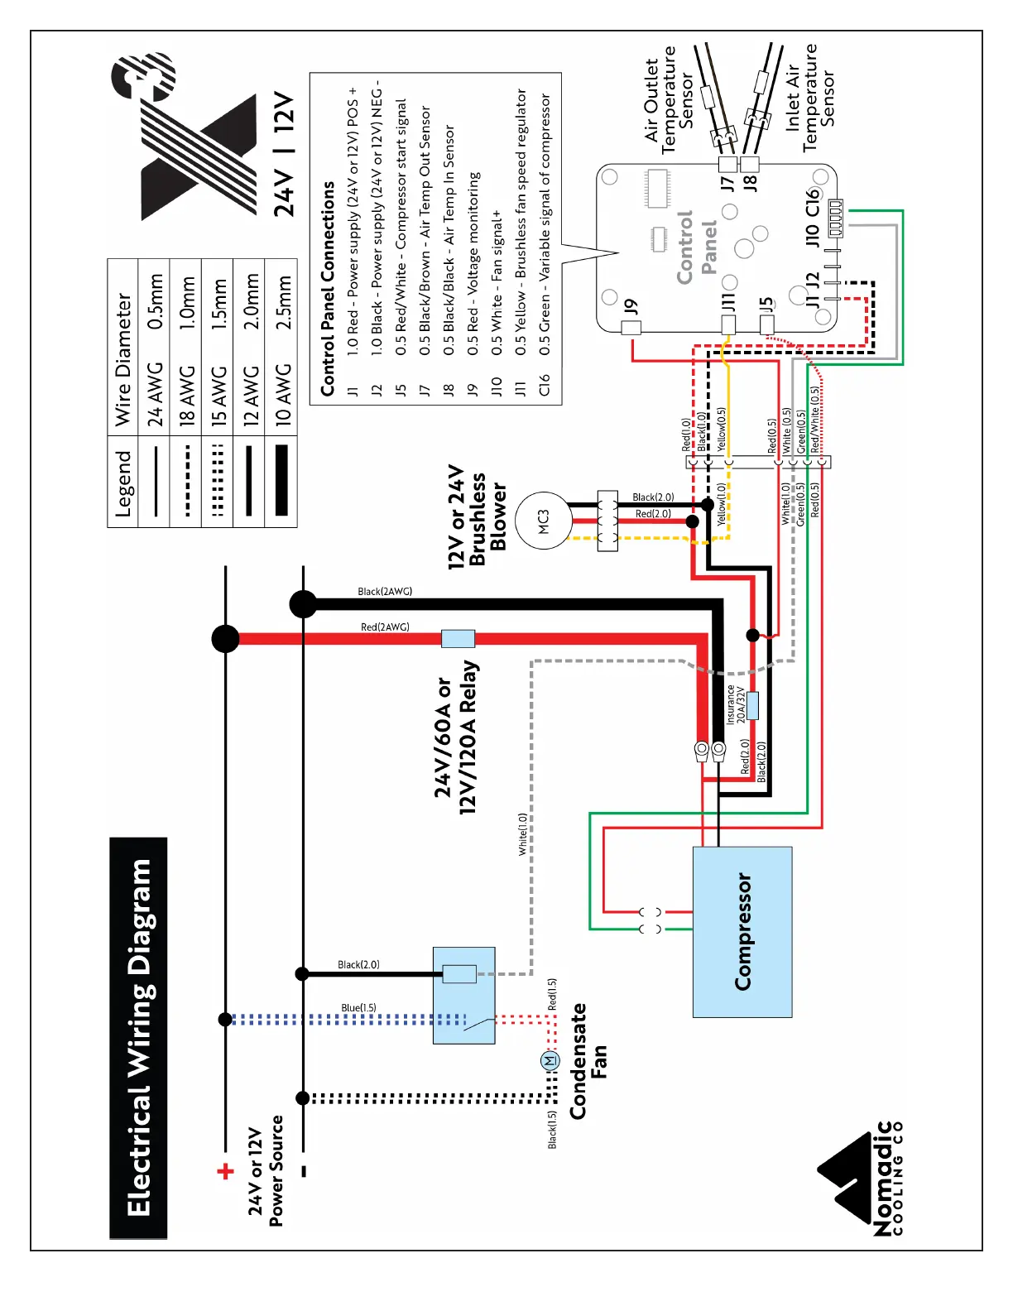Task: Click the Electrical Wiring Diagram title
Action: [x=138, y=1038]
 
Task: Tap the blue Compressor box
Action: [x=742, y=932]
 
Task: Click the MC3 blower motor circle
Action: [x=543, y=521]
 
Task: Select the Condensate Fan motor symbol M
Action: [x=550, y=1060]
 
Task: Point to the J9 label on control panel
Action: [x=631, y=307]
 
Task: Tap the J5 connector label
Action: [x=766, y=305]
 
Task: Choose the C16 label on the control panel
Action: [x=813, y=202]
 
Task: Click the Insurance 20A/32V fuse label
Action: [x=736, y=704]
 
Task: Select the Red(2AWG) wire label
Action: [x=385, y=627]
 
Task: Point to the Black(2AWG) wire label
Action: [x=385, y=592]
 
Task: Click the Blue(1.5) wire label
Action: [x=358, y=1008]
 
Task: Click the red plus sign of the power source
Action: [x=225, y=1171]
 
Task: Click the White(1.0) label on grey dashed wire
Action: [x=522, y=834]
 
